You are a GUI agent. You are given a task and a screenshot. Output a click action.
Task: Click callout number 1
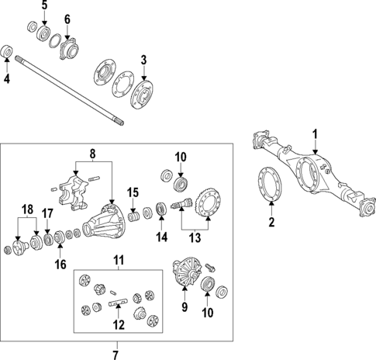pos(315,133)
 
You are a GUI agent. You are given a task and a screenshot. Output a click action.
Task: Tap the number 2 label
pos(271,223)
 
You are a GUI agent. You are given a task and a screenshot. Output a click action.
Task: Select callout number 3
pos(143,61)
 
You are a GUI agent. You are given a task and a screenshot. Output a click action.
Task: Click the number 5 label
pos(44,5)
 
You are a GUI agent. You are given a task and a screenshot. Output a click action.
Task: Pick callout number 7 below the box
pos(116,354)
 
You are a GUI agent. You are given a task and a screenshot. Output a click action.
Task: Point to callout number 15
pos(133,192)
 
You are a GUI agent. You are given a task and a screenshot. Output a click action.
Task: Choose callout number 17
pos(47,213)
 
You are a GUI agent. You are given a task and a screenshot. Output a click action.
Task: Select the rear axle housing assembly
pos(310,171)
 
